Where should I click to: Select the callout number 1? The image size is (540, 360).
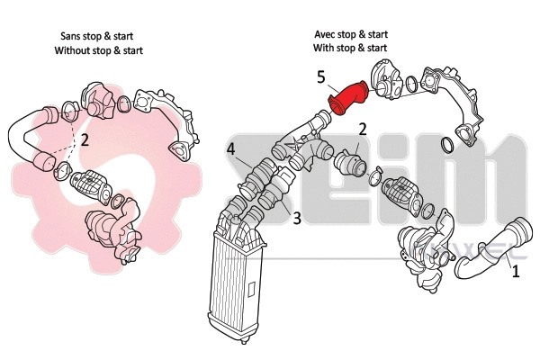coord(515,269)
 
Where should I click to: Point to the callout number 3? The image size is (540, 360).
coord(294,216)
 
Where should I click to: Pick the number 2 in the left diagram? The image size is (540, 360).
coord(84,139)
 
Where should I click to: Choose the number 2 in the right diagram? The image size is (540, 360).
coord(362,129)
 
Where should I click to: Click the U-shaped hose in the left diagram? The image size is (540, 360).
coord(27,139)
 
